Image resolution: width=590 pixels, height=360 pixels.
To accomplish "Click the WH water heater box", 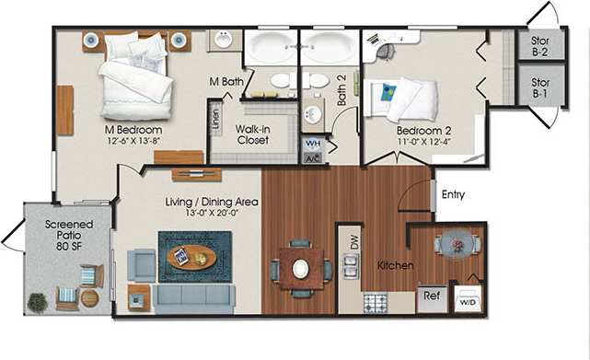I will click(x=312, y=144).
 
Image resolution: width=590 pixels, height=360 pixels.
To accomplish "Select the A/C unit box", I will click(x=312, y=157).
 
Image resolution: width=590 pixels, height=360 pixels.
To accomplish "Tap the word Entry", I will click(x=454, y=194).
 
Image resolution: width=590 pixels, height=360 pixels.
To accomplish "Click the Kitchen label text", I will click(x=395, y=265).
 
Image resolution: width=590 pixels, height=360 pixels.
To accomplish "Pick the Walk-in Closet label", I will click(x=252, y=135).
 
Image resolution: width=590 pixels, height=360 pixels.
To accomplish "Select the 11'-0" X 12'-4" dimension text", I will click(x=426, y=141).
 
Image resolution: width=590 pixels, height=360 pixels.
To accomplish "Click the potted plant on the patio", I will click(x=37, y=301).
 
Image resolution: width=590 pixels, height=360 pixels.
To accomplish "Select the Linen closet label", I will click(x=215, y=119).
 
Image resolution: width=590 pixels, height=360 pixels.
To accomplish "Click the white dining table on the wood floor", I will click(x=301, y=268).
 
